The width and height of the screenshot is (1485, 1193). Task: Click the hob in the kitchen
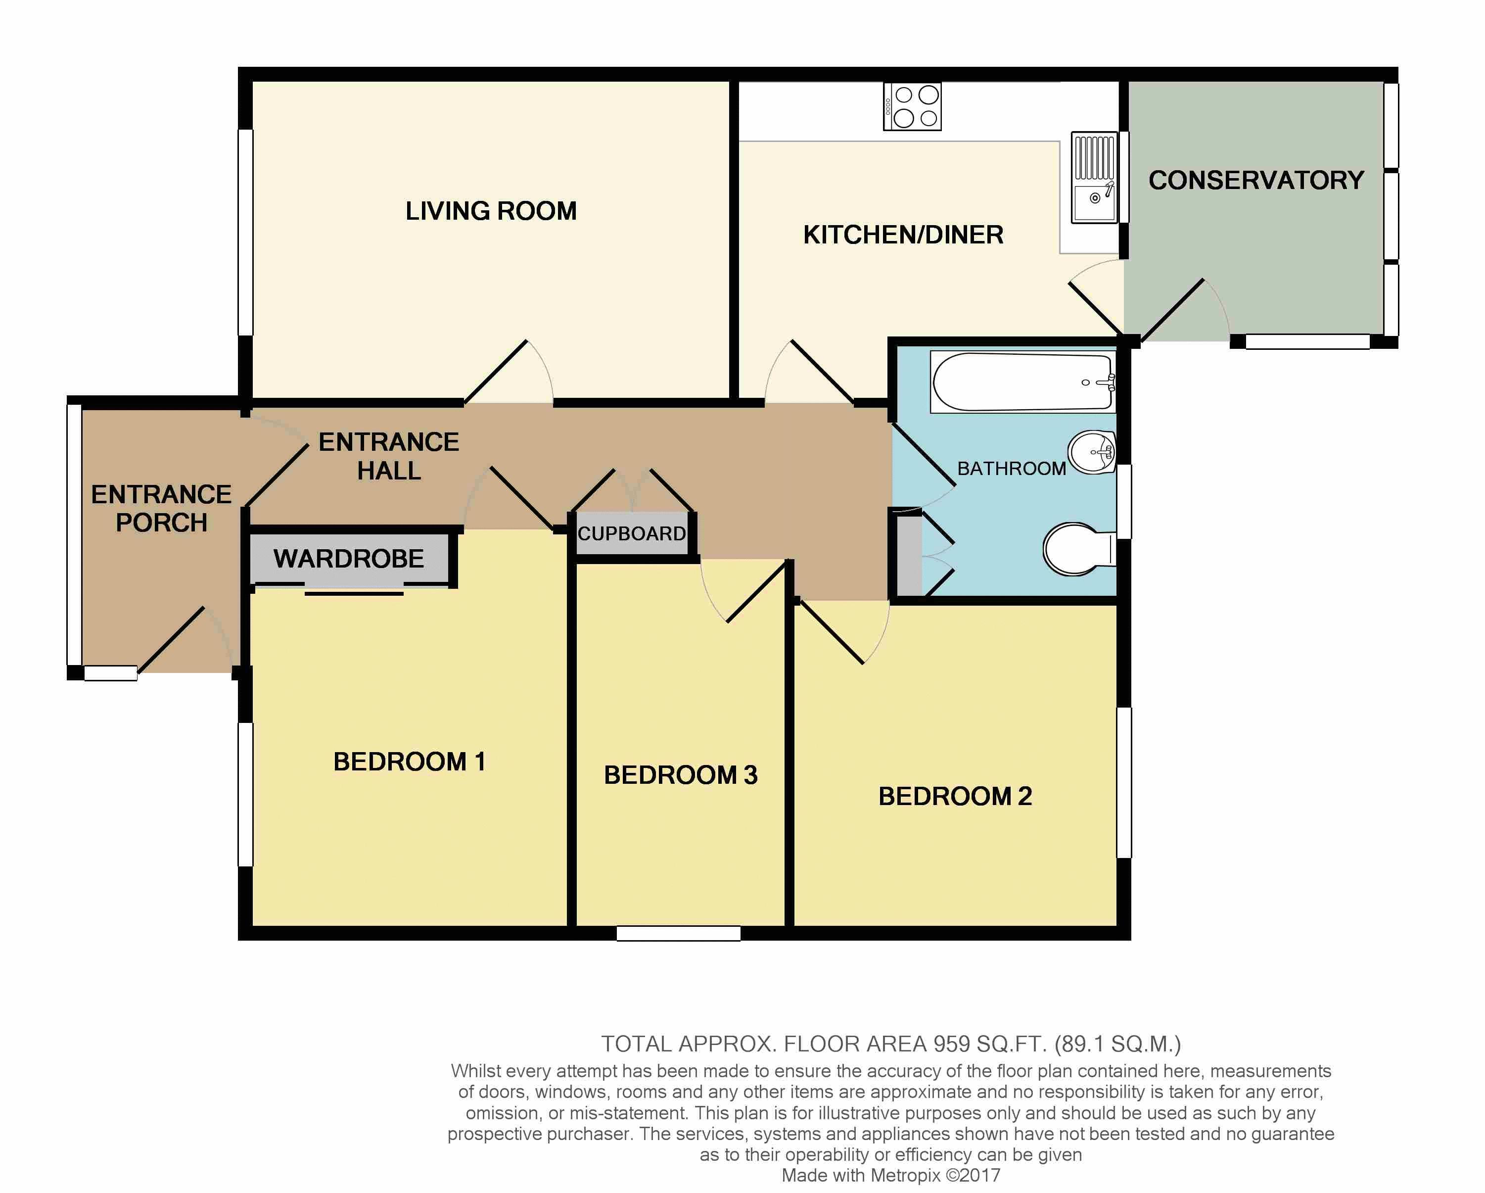(x=913, y=107)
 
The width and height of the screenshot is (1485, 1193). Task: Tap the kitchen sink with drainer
(x=1095, y=178)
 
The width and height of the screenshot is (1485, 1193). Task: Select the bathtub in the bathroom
(x=1023, y=382)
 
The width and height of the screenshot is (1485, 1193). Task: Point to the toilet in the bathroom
(x=1079, y=549)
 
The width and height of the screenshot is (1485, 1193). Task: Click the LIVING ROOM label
(x=491, y=211)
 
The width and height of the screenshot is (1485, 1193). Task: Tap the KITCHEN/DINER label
(x=903, y=235)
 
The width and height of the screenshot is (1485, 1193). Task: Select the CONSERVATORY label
(x=1256, y=181)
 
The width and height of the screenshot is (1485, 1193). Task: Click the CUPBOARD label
(x=632, y=534)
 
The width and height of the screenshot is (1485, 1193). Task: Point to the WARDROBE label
(x=349, y=559)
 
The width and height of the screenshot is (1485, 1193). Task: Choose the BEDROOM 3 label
(x=681, y=775)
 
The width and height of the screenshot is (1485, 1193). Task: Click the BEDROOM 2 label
(x=955, y=796)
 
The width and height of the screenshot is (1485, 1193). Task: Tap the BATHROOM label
(x=1012, y=469)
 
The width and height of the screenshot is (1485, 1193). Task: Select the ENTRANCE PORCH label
(x=162, y=508)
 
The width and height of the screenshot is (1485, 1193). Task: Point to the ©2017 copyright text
(x=973, y=1175)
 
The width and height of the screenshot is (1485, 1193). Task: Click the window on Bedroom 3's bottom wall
(x=679, y=933)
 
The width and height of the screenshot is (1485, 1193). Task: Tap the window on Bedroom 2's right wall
(x=1123, y=782)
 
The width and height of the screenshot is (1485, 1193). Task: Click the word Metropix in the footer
(x=906, y=1176)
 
